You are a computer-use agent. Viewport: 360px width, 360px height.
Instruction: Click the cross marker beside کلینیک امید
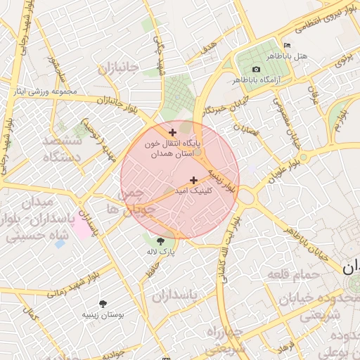point(193,181)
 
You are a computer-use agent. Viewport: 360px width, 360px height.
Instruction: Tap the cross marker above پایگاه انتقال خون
point(173,132)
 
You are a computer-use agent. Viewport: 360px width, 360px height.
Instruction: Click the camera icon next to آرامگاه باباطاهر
point(256,69)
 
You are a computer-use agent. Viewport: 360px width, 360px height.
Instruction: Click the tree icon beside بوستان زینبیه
point(104,304)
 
